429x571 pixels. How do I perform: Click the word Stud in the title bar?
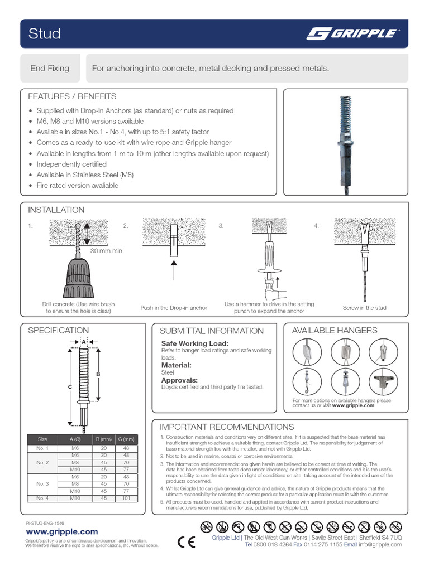[x=45, y=34]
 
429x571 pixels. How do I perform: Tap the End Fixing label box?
[x=50, y=69]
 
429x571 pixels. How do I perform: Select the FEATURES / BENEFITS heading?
[x=72, y=96]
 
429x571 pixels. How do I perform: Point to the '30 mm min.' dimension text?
[x=107, y=251]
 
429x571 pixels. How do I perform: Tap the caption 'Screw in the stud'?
[x=364, y=308]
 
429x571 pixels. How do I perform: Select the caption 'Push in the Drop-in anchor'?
[x=173, y=308]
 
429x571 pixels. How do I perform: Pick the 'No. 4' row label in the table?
[x=43, y=498]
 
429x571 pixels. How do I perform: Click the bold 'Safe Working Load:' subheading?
[x=195, y=343]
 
